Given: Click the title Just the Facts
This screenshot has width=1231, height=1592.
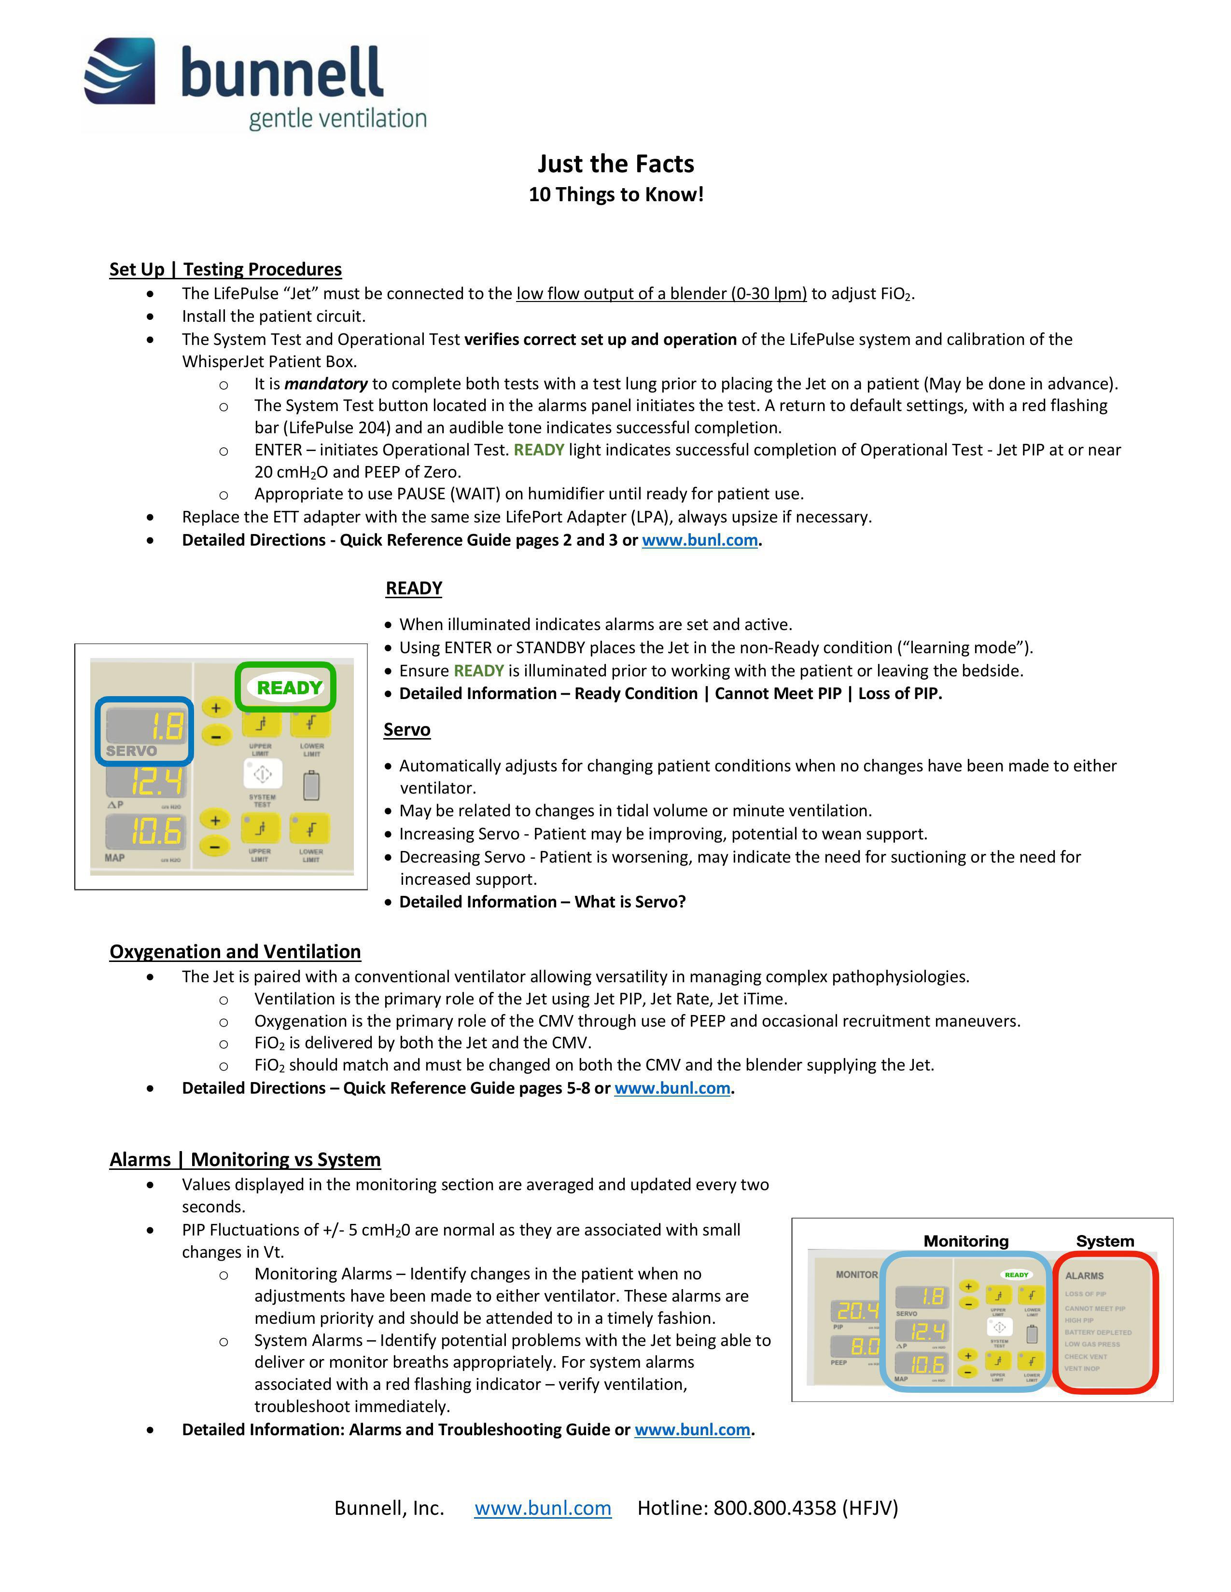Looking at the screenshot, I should click(615, 163).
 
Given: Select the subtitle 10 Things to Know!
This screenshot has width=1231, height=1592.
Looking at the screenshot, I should click(615, 194).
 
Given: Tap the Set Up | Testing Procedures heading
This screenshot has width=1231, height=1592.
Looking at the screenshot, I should click(225, 269).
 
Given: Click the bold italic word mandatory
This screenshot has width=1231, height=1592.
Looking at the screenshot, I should click(325, 384).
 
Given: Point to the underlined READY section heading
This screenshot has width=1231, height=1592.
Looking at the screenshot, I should click(414, 588).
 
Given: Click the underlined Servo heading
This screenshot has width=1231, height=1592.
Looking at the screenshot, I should click(407, 729).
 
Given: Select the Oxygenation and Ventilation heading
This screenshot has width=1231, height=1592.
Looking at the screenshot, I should click(235, 951).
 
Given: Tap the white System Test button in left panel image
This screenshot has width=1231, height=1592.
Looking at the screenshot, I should click(263, 774).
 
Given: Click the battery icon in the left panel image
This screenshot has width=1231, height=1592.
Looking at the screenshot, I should click(311, 786).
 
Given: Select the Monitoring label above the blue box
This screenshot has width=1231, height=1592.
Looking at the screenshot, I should click(965, 1241).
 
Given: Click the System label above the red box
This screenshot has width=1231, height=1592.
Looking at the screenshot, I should click(1105, 1241).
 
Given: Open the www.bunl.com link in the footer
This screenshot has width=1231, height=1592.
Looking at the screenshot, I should click(543, 1508).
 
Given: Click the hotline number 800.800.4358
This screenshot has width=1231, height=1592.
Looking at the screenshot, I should click(774, 1508).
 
